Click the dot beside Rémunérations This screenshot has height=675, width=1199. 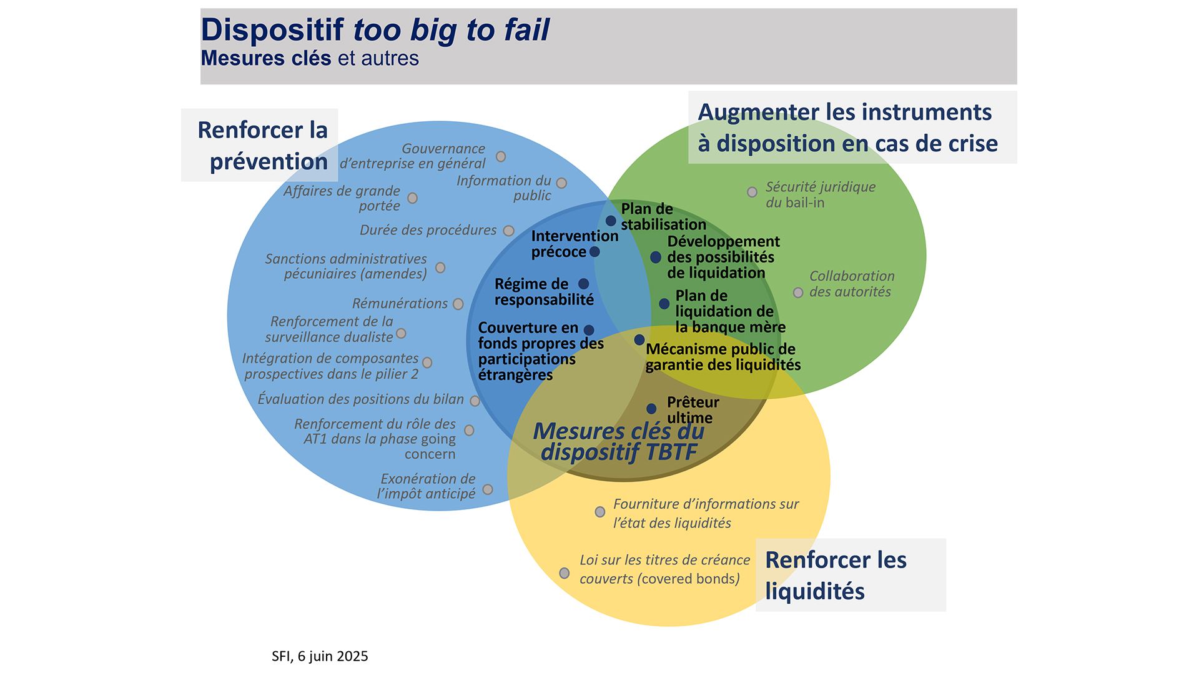coord(458,304)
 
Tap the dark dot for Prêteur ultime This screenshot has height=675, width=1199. coord(651,409)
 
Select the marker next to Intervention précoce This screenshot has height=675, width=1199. coord(595,252)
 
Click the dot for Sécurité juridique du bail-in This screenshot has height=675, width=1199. coord(752,192)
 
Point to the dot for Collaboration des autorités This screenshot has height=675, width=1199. coord(798,292)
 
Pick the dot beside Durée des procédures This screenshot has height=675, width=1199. coord(509,231)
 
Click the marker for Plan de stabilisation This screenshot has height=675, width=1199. coord(611,221)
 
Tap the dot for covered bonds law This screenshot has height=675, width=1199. coord(565,573)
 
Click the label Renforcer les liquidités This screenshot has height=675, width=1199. coord(836,575)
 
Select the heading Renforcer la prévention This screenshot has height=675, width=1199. coord(263,146)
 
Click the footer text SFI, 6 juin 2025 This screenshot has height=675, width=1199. coord(320,656)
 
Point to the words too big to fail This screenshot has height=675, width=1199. coord(451,30)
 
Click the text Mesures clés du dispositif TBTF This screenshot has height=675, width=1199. coord(618,441)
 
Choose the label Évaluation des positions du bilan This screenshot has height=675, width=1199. coord(360,399)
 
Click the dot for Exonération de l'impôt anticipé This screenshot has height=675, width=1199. coord(488,489)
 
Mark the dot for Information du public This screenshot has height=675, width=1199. coord(561,183)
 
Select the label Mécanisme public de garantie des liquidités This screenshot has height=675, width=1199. coord(723,357)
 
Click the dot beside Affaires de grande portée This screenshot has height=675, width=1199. coord(412,198)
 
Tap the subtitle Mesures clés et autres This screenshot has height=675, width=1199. coord(310,58)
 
